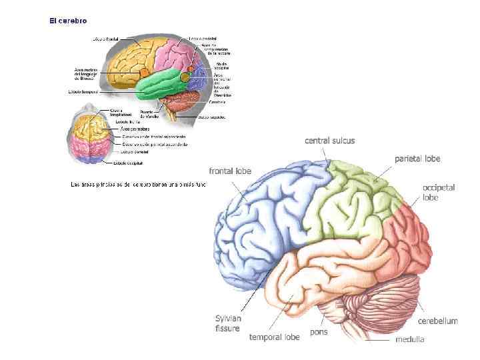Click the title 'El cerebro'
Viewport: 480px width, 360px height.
67,21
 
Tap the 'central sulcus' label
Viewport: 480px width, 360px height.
329,141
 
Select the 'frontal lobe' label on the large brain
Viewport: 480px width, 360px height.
230,171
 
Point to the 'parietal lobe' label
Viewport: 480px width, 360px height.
417,159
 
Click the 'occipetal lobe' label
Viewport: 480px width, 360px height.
438,193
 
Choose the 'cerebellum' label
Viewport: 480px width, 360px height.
438,321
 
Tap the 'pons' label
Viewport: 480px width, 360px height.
319,331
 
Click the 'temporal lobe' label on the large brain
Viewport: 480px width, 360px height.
274,337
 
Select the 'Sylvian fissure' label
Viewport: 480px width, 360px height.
228,323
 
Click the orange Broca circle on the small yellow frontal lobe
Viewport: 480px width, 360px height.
143,71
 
